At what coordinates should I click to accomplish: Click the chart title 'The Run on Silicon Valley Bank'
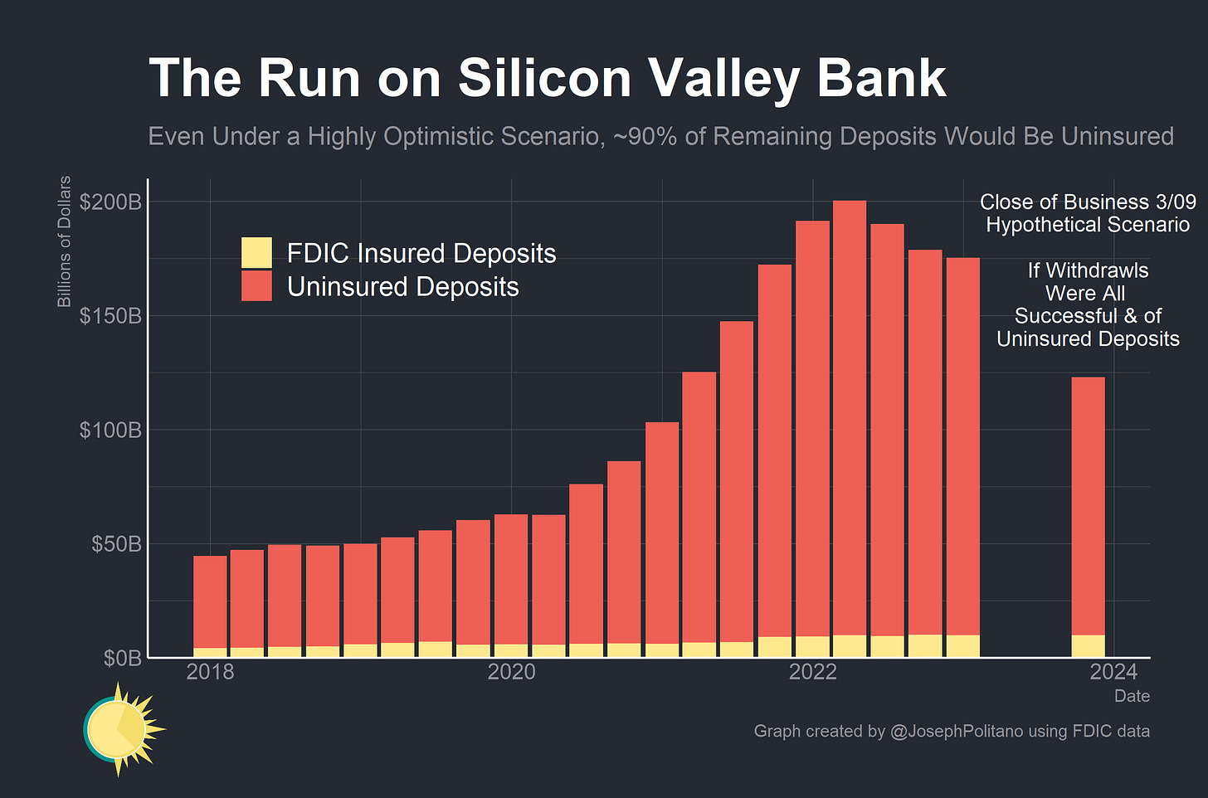(x=547, y=79)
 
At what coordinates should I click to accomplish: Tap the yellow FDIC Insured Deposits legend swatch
(x=256, y=253)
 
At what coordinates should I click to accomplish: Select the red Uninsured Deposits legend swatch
(x=256, y=286)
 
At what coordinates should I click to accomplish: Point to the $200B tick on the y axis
(x=110, y=202)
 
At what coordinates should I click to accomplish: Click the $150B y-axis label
(x=110, y=316)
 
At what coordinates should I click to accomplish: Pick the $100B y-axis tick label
(x=110, y=430)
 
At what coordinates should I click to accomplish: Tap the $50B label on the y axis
(x=115, y=544)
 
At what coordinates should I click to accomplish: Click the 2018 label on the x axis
(x=210, y=672)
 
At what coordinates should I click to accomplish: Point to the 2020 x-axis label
(x=511, y=672)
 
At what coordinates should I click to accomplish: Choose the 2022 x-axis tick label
(x=812, y=672)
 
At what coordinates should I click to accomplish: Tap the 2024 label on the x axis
(x=1113, y=672)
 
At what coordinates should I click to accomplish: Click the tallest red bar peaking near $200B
(x=849, y=415)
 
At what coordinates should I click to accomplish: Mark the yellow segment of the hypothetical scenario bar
(x=1088, y=646)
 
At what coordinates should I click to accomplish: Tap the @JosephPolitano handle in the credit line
(x=956, y=731)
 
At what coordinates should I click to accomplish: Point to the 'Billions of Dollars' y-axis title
(x=64, y=241)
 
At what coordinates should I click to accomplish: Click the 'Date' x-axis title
(x=1132, y=696)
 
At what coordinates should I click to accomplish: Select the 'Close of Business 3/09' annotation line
(x=1088, y=202)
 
